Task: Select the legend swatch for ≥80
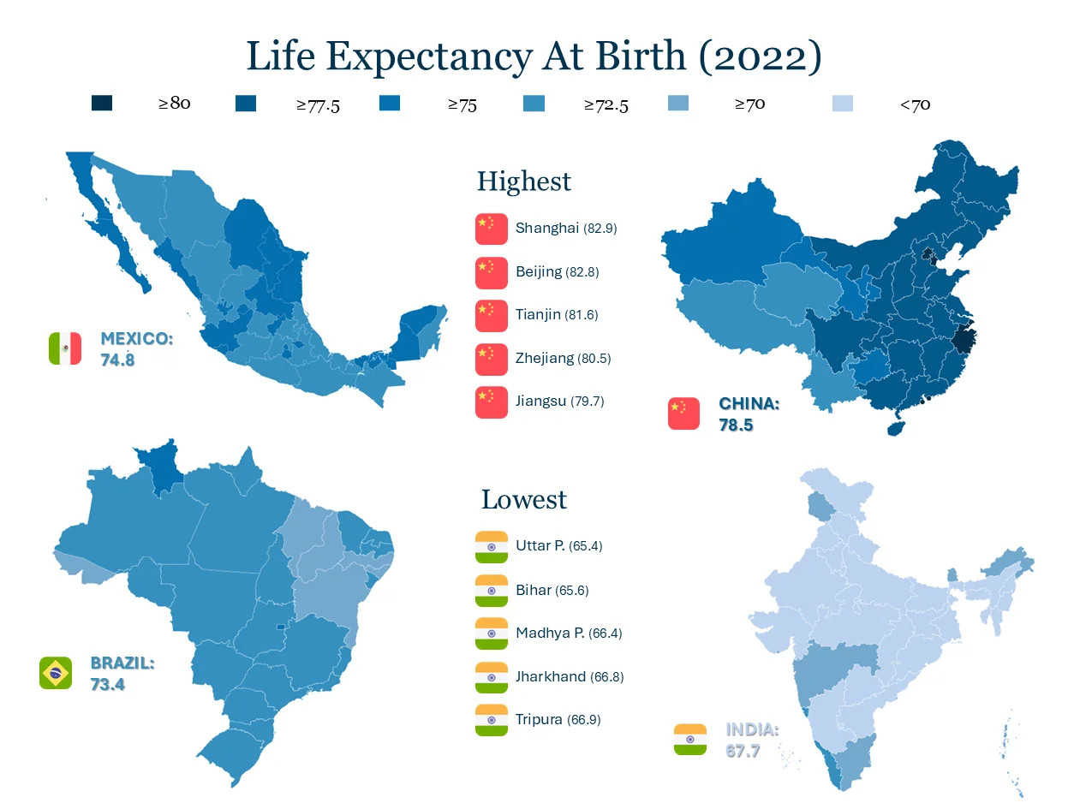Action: tap(102, 104)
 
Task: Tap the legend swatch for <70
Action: tap(843, 104)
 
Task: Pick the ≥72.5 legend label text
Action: tap(606, 105)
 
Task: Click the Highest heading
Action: tap(523, 181)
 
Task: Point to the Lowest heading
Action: tap(523, 499)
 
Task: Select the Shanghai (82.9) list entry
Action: tap(566, 229)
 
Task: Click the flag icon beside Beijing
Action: tap(491, 272)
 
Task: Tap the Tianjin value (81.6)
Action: tap(582, 315)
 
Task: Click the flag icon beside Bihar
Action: tap(491, 591)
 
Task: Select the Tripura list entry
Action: tap(558, 720)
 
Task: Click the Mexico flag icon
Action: tap(65, 348)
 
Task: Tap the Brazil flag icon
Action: tap(56, 673)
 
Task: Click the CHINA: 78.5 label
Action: tap(749, 413)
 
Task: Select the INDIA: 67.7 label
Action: tap(752, 740)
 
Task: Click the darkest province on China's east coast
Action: tap(963, 338)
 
